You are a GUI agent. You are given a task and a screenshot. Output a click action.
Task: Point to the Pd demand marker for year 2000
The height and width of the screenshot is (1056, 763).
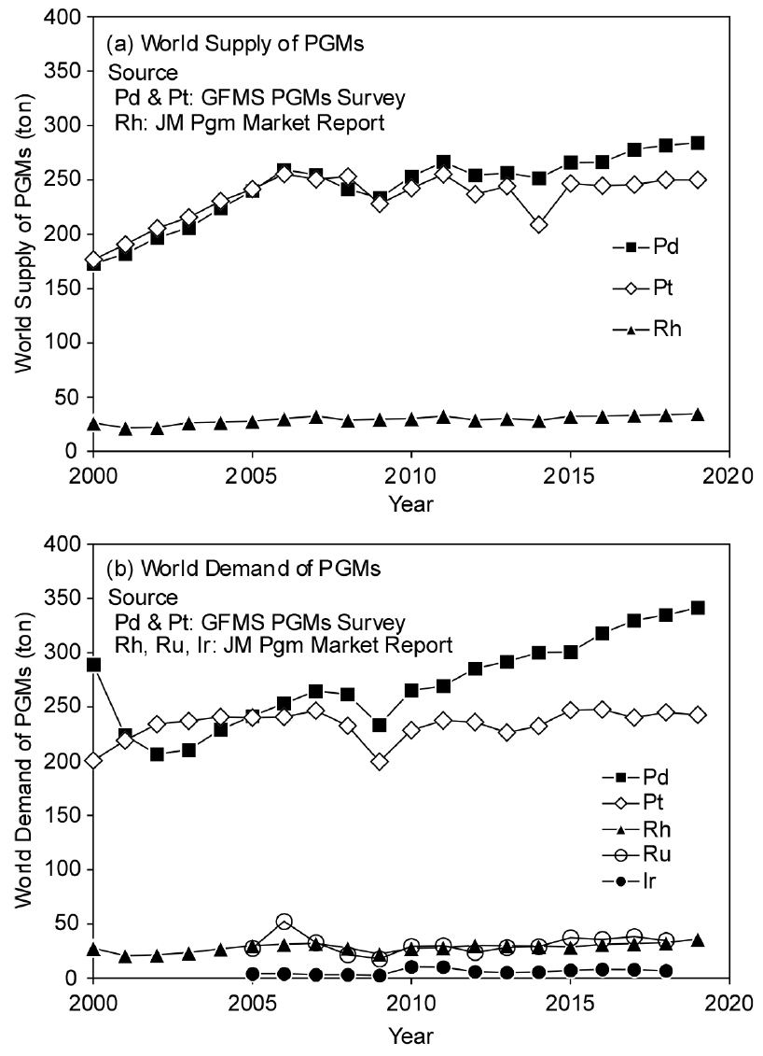coord(93,665)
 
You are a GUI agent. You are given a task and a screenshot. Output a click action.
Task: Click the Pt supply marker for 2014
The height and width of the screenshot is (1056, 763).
coord(539,225)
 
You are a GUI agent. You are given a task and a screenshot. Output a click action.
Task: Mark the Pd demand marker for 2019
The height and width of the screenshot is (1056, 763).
coord(698,608)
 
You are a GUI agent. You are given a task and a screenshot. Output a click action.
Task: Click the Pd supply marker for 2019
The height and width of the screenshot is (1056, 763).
coord(698,143)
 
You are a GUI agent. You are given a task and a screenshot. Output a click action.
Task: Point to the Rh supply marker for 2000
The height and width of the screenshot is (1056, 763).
coord(93,424)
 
